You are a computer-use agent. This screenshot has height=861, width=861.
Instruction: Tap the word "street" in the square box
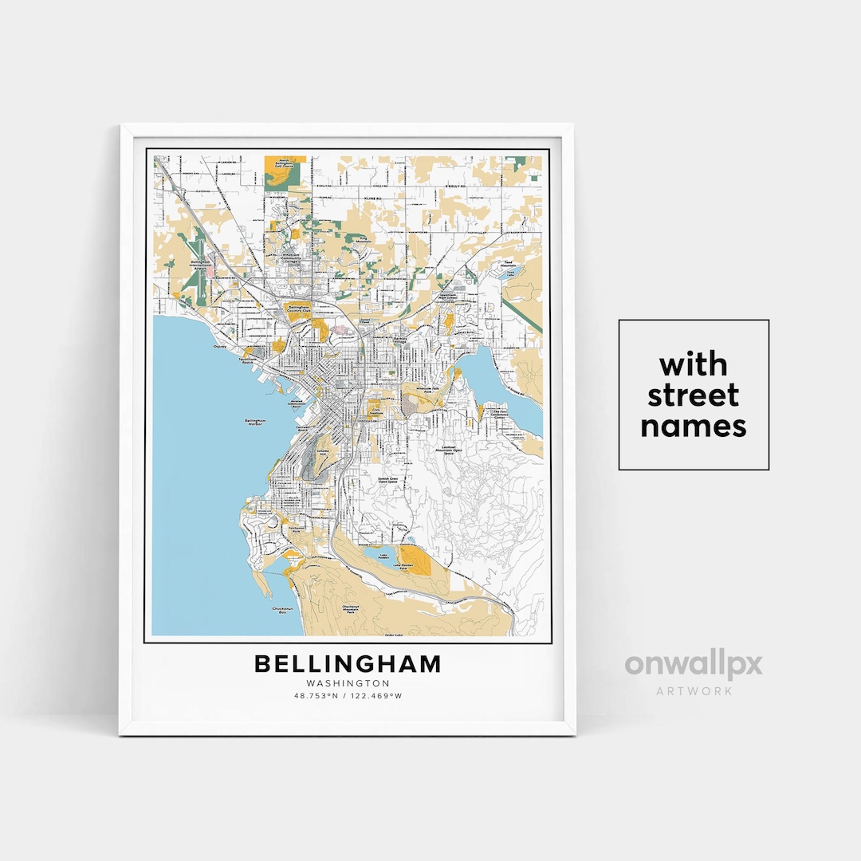pyautogui.click(x=693, y=395)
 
